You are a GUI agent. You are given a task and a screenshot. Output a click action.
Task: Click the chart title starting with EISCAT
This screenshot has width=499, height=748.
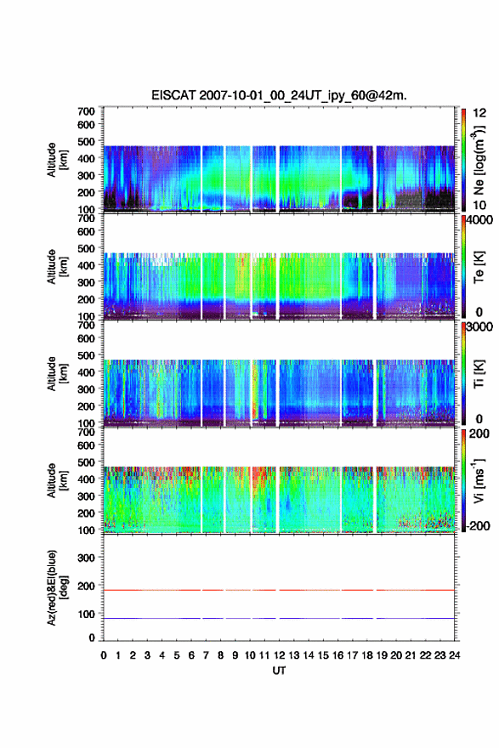(x=279, y=95)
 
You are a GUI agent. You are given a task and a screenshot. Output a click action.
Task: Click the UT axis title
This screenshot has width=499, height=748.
(x=279, y=671)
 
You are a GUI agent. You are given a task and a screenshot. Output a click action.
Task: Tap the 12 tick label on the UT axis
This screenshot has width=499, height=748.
(x=279, y=655)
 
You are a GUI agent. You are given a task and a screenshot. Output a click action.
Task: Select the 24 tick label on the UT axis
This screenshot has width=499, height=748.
(x=454, y=655)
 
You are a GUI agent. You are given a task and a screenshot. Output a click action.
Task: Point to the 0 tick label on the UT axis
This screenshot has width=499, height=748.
(x=104, y=655)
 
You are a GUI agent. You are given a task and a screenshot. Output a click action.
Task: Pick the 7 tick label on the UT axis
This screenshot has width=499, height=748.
(x=206, y=655)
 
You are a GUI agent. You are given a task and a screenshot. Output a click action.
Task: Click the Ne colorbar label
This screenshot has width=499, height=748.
(x=479, y=161)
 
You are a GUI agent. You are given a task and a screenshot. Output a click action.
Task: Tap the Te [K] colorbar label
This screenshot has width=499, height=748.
(x=479, y=267)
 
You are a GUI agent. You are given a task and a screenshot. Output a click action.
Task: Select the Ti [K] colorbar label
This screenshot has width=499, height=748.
(x=479, y=374)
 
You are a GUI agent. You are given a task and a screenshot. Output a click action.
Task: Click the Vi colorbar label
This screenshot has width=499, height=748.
(x=479, y=480)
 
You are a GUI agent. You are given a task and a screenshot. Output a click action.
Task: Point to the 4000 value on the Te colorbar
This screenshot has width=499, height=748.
(x=479, y=220)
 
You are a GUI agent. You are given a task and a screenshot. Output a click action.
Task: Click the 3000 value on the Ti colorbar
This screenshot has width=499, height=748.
(x=479, y=327)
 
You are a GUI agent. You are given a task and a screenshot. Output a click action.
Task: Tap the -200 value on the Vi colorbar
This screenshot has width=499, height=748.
(x=478, y=526)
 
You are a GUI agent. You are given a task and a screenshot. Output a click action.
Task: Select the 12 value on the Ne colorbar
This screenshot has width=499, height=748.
(x=479, y=113)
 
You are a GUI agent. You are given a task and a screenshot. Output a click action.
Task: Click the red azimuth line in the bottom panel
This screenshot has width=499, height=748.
(x=279, y=590)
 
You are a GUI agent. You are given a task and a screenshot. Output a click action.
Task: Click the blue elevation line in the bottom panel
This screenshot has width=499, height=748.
(x=279, y=618)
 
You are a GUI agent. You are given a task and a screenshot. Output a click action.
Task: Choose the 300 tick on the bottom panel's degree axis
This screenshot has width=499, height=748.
(x=87, y=558)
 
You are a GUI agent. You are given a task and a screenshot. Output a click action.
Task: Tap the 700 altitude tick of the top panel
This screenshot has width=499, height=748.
(x=87, y=111)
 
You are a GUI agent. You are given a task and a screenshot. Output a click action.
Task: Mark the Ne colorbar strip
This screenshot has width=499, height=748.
(x=463, y=161)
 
